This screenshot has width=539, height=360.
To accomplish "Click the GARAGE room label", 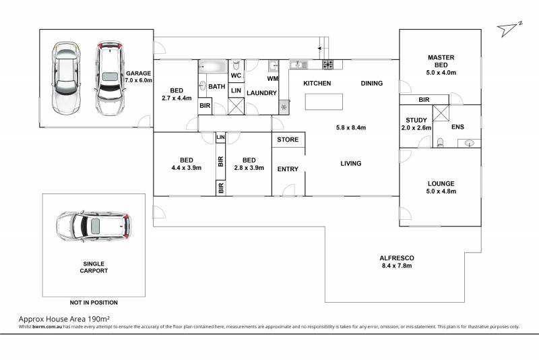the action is [x=138, y=73].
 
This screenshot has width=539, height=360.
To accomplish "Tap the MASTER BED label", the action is [x=441, y=61].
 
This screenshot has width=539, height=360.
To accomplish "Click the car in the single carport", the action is [x=93, y=226].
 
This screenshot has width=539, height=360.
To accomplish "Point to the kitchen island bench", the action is [x=324, y=102].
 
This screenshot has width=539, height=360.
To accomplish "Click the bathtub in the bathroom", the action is [x=213, y=66].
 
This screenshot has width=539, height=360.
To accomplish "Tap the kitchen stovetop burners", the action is [x=327, y=64].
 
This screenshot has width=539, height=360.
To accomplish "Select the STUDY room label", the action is [x=416, y=120].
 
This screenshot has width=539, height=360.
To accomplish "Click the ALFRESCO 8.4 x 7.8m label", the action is [x=397, y=262].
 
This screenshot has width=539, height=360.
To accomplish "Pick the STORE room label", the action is [x=288, y=140].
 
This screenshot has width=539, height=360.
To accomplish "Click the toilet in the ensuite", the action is [x=440, y=143].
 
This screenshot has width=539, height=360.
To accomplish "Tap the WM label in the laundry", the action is [x=273, y=79].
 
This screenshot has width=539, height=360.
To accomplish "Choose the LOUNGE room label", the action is [x=441, y=183].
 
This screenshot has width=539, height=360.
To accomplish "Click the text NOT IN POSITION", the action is [x=94, y=303].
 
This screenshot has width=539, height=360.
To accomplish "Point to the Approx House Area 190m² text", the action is [x=64, y=319].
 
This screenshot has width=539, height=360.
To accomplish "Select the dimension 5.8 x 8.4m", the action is [x=350, y=127].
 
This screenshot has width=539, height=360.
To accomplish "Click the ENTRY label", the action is [x=288, y=169].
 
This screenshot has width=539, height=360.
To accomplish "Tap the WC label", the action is [x=236, y=76].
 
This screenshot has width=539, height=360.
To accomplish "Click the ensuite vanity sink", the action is [x=469, y=144].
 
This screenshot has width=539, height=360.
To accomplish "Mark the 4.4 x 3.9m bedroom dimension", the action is [x=187, y=168].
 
